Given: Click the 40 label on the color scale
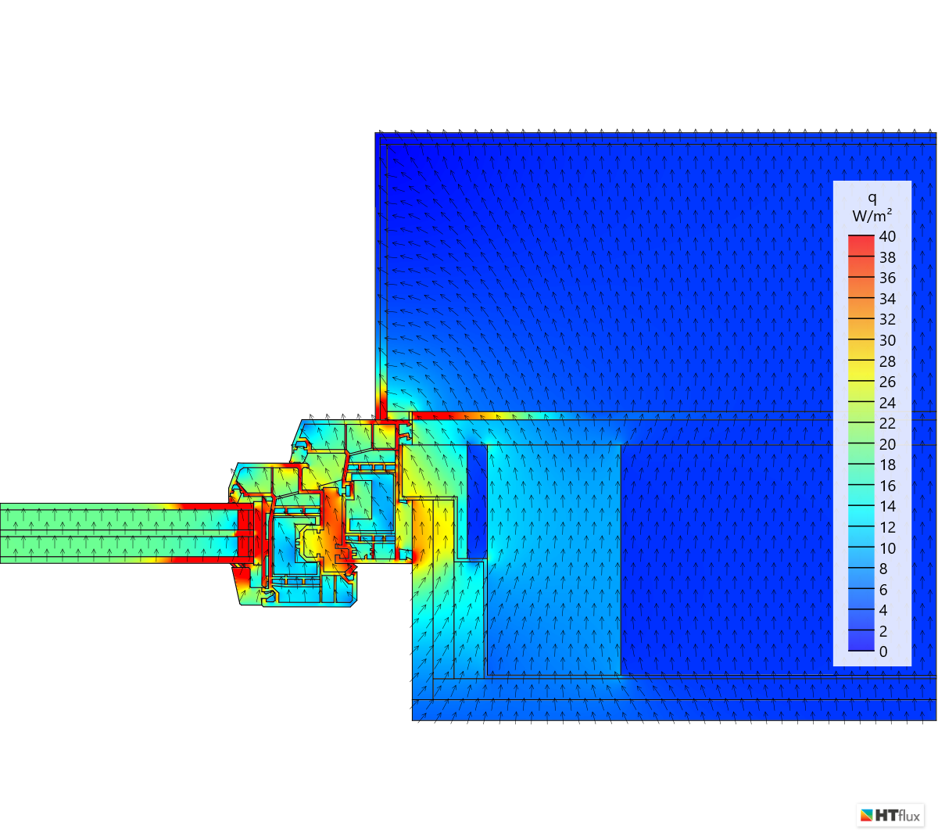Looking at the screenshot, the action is coord(887,236).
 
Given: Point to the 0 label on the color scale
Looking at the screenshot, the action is coord(883,652).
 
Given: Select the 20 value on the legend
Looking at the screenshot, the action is coord(887,444).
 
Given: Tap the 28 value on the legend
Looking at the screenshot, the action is coord(887,361).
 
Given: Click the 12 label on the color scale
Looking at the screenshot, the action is coord(887,527).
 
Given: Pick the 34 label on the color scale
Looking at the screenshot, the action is coord(887,299).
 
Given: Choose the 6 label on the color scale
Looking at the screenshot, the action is coord(883,590).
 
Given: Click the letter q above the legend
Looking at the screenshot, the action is coord(872,199).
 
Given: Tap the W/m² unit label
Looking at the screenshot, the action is coord(872,215).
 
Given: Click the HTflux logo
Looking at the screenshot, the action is coord(890,816).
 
